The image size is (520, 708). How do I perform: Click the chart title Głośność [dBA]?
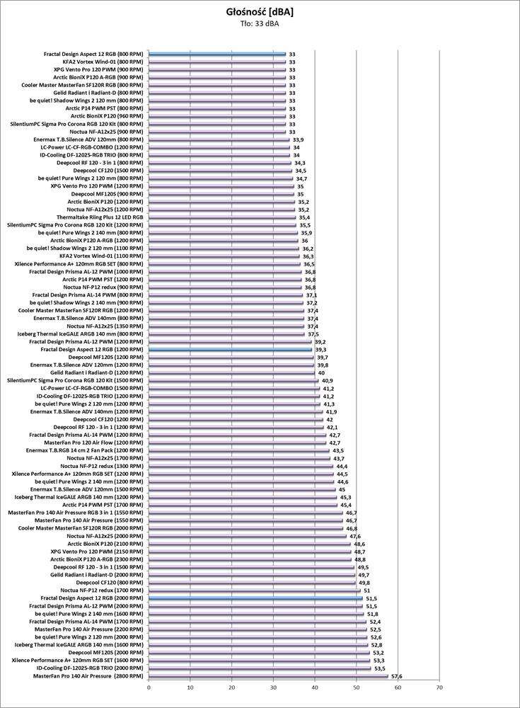[x=260, y=12]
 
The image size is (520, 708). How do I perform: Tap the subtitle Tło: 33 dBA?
[x=260, y=25]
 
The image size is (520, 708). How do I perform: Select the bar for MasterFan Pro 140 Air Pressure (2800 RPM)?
[x=268, y=676]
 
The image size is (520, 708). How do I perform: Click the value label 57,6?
[x=396, y=676]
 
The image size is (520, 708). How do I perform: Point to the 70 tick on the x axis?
[x=439, y=687]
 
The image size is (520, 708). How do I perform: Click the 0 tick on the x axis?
[x=149, y=687]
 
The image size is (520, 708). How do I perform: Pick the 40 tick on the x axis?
[x=315, y=687]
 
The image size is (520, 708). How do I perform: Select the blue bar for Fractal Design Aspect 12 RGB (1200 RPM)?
[x=230, y=350]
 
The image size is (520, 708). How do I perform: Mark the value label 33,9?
[x=298, y=139]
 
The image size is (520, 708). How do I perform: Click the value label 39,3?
[x=320, y=350]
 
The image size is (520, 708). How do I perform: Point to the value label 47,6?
[x=354, y=536]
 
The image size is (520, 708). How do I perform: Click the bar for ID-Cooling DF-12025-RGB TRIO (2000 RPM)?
[x=260, y=668]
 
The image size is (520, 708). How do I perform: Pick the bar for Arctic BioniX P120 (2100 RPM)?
[x=249, y=544]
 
